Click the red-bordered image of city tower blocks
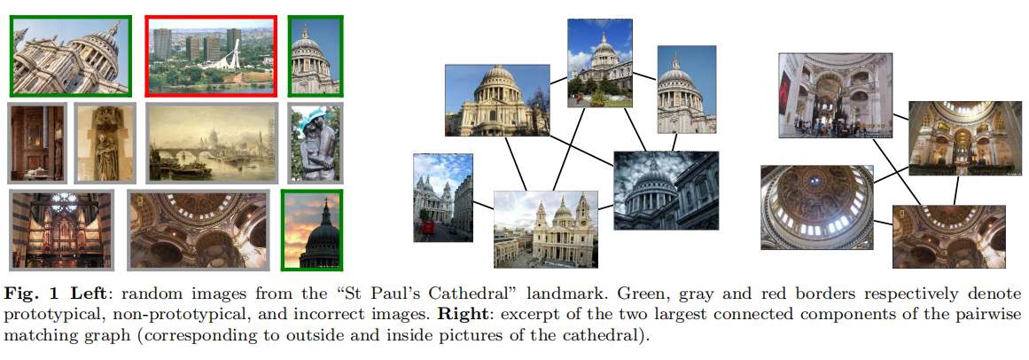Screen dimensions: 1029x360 tap(211, 55)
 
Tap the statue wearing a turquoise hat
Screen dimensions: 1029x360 tap(315, 143)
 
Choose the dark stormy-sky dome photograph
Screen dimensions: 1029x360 tap(667, 190)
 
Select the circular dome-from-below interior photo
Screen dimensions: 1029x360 tap(817, 207)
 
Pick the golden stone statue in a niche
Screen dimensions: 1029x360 tap(105, 143)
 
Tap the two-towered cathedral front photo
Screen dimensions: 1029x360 tap(545, 230)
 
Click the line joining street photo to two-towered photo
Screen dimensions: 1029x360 tap(483, 207)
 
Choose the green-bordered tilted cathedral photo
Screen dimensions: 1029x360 tap(71, 55)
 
